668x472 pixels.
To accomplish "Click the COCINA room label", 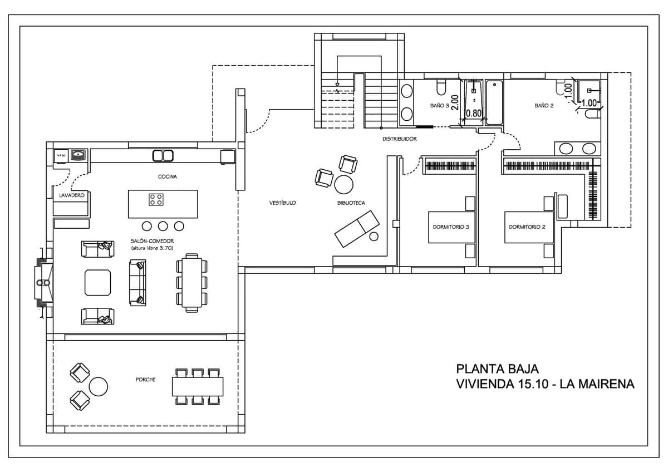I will (x=167, y=176).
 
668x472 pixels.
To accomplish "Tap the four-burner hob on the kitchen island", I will (x=156, y=199).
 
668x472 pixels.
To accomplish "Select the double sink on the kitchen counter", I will (x=163, y=155).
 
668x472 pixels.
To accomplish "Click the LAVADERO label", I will (x=71, y=195).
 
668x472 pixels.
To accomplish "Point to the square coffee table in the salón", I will (x=98, y=282).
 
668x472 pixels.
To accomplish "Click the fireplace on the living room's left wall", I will (x=43, y=282).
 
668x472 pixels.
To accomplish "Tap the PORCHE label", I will (x=145, y=380).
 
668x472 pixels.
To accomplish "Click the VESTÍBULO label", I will (x=282, y=203).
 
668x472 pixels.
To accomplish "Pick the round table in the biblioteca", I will (x=344, y=183).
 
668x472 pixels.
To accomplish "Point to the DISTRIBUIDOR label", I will (x=399, y=139).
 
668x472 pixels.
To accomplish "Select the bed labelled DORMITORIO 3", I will (x=451, y=227).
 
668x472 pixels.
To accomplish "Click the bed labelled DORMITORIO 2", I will (x=529, y=227).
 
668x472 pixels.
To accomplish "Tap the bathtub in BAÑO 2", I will (x=494, y=104).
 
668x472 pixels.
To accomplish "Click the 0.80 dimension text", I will (x=473, y=113).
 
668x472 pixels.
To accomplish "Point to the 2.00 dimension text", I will (x=455, y=104).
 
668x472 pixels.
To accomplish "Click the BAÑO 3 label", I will (x=439, y=105).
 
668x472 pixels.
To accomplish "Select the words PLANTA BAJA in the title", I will (x=497, y=368).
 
